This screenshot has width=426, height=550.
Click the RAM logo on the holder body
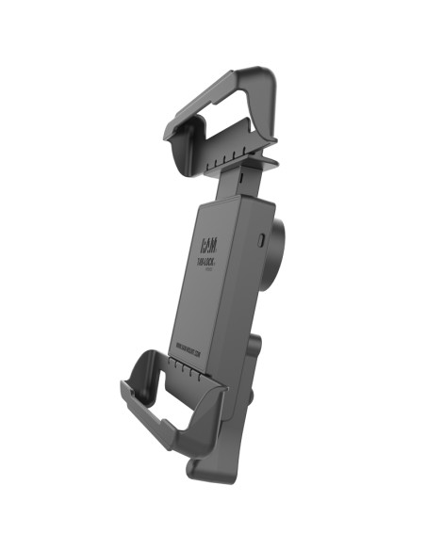207,247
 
